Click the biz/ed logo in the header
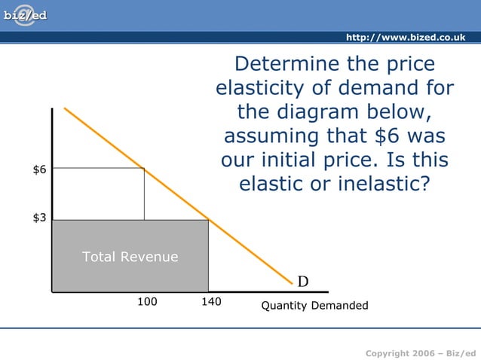(x=25, y=16)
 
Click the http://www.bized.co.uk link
(x=410, y=38)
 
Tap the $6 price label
(x=39, y=169)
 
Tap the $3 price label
(x=39, y=218)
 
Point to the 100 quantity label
(x=147, y=302)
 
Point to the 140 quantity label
(x=210, y=302)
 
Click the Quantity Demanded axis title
(x=314, y=306)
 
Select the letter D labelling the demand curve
(x=302, y=282)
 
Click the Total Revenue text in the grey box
(x=130, y=257)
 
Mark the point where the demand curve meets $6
(x=144, y=169)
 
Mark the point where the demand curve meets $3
(x=208, y=220)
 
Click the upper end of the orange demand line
(x=66, y=108)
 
